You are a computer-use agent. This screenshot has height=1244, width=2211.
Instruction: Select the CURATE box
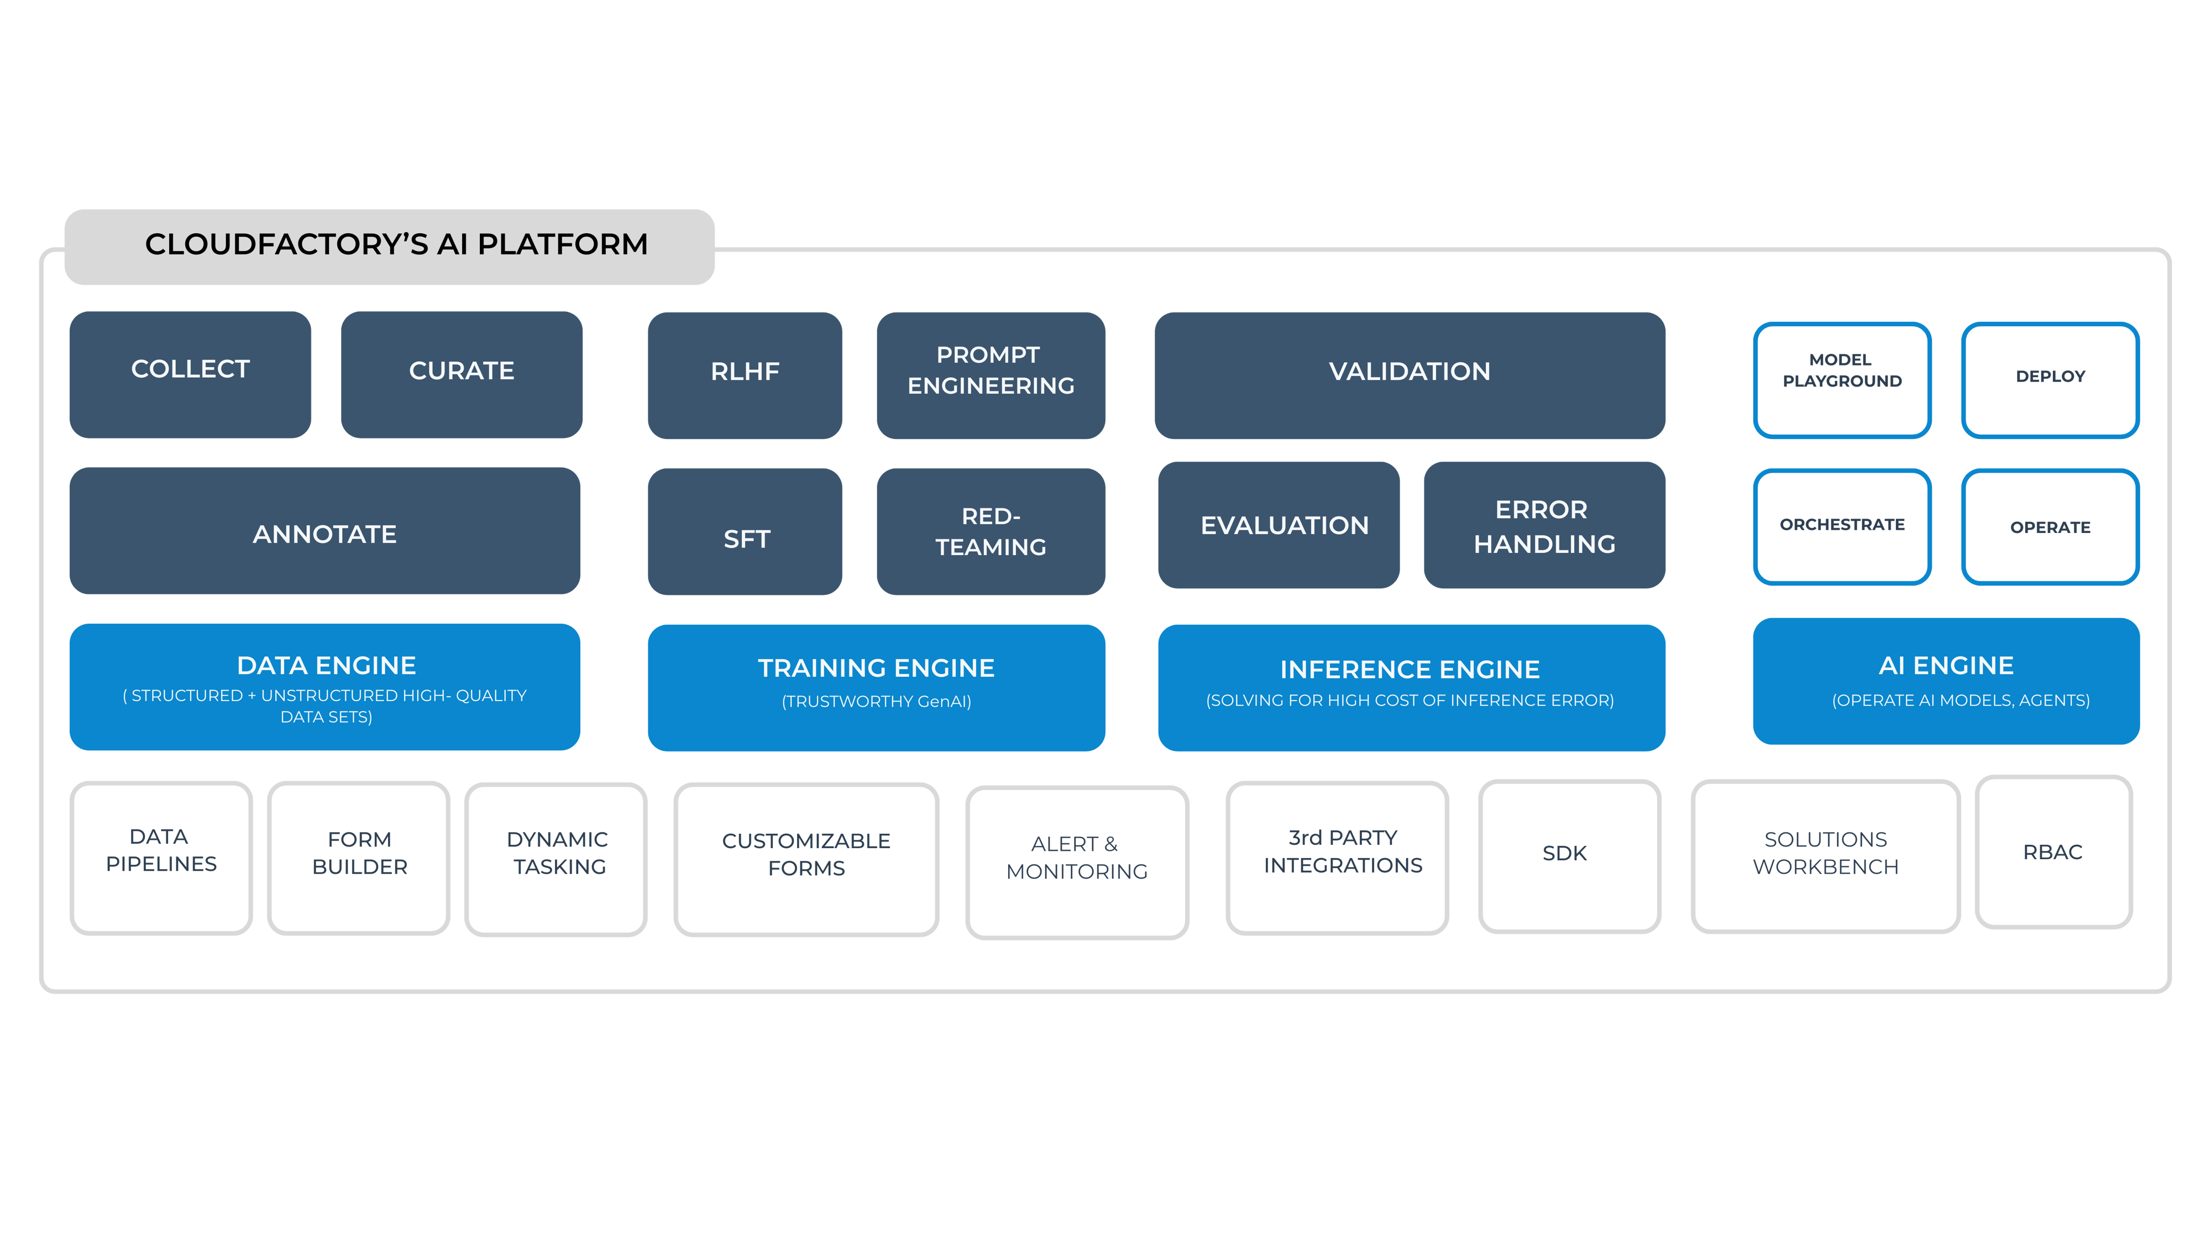coord(462,374)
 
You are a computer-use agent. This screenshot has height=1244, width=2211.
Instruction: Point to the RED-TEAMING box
coord(991,532)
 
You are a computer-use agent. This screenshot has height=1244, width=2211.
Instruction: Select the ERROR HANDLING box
coord(1544,525)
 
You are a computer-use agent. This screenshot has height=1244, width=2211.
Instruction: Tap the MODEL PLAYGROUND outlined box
coord(1842,379)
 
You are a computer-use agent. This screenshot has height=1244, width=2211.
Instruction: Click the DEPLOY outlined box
coord(2050,379)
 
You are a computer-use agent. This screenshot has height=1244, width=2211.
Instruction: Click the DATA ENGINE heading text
coord(326,665)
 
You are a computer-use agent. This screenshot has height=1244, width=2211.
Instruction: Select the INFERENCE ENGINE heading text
coord(1410,669)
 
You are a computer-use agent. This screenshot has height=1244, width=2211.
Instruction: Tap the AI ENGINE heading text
coord(1946,665)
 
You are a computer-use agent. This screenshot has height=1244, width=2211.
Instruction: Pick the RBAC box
coord(2053,851)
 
